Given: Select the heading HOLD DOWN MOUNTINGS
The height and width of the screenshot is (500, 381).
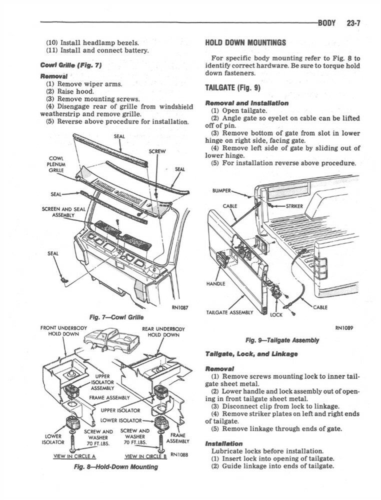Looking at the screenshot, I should point(245,42).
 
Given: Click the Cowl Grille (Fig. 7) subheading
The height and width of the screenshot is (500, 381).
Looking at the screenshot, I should point(71,65).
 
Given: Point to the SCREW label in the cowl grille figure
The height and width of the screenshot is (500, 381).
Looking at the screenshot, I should point(157,151).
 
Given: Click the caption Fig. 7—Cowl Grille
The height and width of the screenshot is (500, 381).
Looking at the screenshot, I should point(115,317).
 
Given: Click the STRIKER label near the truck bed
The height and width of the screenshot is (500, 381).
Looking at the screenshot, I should point(294,205).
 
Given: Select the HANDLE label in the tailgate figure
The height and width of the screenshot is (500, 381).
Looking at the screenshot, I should point(215,283).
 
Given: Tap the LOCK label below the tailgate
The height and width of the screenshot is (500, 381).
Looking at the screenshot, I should point(276,315).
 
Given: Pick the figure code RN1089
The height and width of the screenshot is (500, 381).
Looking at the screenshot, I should point(344,329).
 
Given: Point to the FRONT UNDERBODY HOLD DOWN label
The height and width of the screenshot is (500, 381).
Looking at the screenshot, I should point(63,331).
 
